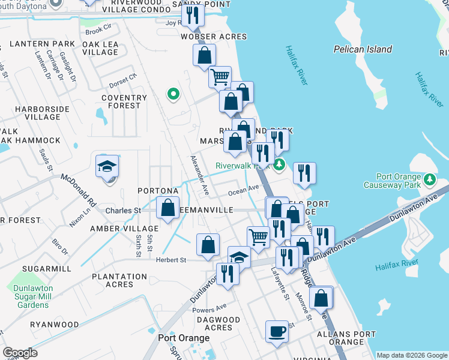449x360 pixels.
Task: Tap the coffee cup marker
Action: tap(277, 331)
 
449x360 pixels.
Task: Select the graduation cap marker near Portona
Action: tap(107, 167)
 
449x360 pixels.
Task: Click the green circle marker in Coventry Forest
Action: tap(173, 94)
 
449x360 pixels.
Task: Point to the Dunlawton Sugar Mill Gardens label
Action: tap(32, 296)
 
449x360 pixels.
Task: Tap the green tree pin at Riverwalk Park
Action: tap(279, 164)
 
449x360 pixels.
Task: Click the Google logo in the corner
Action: tap(20, 353)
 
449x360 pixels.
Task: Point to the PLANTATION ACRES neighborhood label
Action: tap(119, 280)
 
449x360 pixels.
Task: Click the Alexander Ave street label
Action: tap(199, 175)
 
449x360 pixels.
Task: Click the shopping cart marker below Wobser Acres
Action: tap(220, 77)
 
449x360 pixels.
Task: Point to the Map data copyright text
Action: tap(411, 355)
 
